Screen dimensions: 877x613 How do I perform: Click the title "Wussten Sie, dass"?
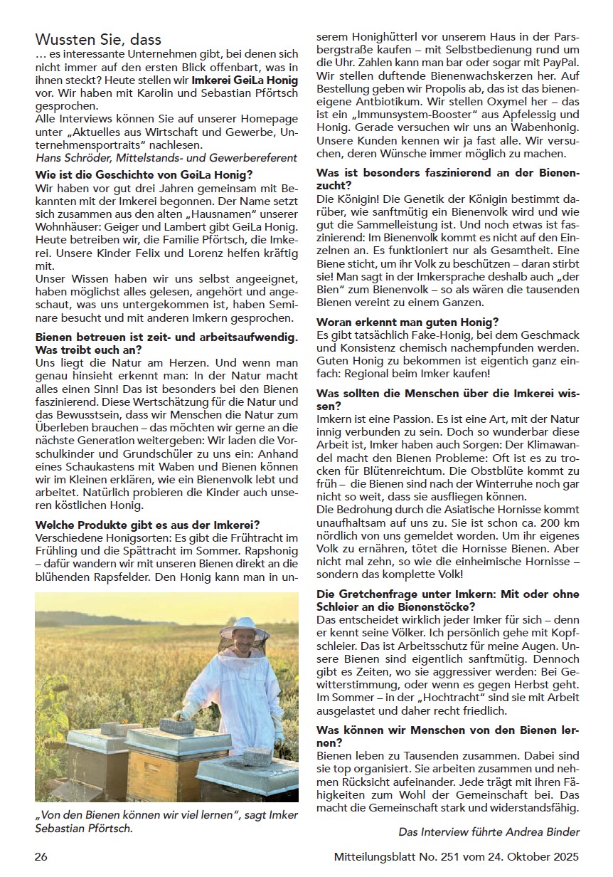[x=98, y=40]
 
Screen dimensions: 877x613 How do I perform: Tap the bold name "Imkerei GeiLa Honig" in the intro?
[x=245, y=80]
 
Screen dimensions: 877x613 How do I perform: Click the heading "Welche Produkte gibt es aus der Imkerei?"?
[x=147, y=525]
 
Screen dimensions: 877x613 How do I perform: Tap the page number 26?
[x=41, y=856]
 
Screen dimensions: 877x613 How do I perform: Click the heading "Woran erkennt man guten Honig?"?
[x=407, y=322]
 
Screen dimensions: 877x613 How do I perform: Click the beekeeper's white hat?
[x=242, y=626]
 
